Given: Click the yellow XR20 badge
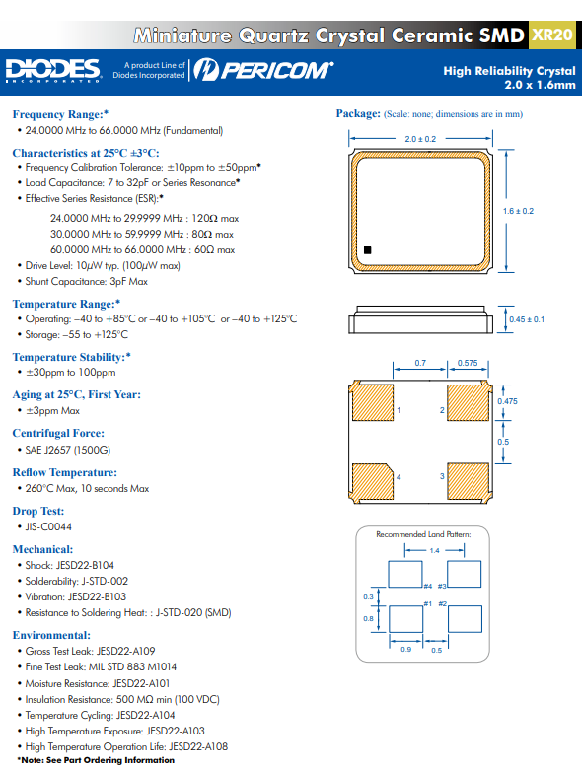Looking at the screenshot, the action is click(x=552, y=35).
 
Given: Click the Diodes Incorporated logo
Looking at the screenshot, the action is click(x=53, y=70).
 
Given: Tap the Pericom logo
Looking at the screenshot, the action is click(x=263, y=70).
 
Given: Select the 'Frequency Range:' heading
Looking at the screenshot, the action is click(x=60, y=114).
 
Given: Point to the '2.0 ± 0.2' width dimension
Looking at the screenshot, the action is click(x=420, y=139).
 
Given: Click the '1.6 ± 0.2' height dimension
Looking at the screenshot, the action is click(x=518, y=211).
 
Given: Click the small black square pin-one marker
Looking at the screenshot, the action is click(x=368, y=250).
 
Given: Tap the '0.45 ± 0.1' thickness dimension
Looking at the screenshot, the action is click(x=527, y=319).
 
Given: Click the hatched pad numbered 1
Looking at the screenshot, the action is click(x=373, y=402).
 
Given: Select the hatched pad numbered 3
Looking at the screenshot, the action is click(x=469, y=481).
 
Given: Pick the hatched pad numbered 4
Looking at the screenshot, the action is click(x=373, y=481).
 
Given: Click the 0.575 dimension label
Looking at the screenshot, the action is click(x=468, y=363).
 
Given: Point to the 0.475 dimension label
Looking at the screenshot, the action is click(x=507, y=401).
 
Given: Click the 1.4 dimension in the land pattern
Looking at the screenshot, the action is click(x=434, y=551).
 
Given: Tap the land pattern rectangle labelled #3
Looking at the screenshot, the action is click(x=465, y=575).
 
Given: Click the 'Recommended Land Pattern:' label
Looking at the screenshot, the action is click(x=423, y=534).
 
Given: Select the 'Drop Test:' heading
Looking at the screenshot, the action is click(x=38, y=511).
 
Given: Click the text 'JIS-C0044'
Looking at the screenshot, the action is click(x=48, y=526).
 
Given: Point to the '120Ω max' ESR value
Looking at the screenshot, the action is click(x=215, y=218).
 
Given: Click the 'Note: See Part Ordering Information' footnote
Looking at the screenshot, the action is click(x=96, y=760).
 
